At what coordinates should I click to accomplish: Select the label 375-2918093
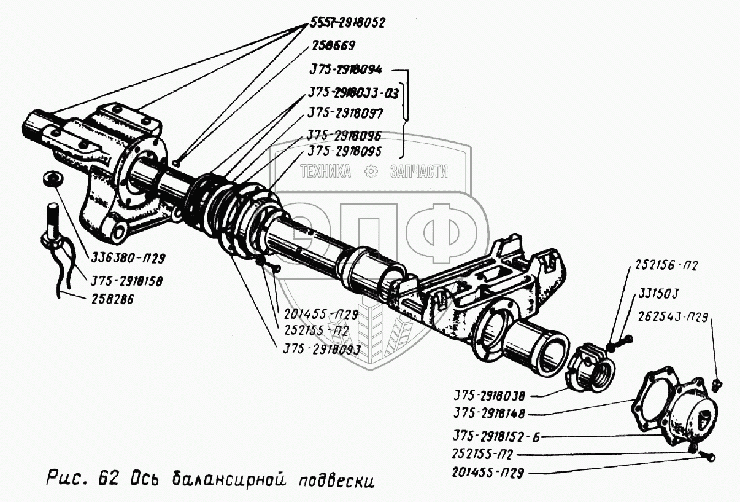(x=321, y=350)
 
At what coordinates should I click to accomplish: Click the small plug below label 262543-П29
(x=720, y=385)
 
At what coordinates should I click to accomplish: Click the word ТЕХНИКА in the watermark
(x=325, y=172)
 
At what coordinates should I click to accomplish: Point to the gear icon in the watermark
(x=371, y=172)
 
